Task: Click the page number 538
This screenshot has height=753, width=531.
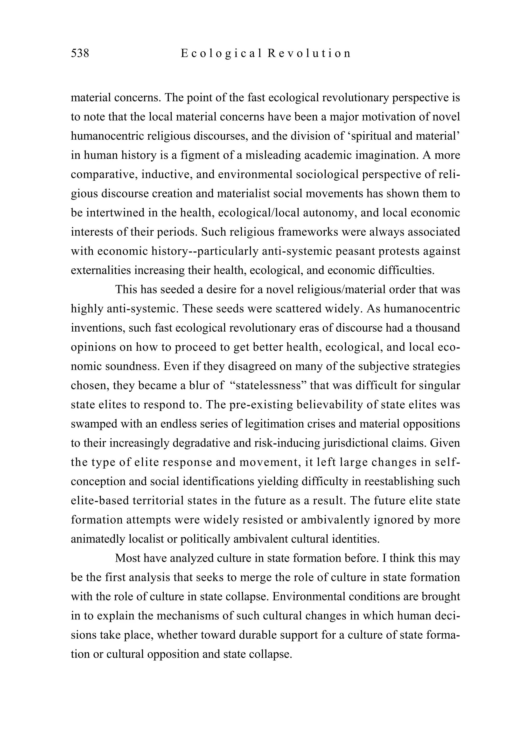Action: tap(80, 53)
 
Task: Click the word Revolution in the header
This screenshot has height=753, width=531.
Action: tap(309, 53)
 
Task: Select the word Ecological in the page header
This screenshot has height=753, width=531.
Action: tap(222, 53)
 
